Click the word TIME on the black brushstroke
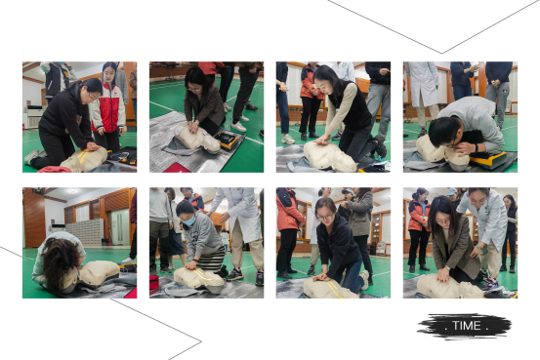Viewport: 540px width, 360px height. click(x=467, y=325)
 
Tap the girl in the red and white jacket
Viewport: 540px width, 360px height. click(x=109, y=106)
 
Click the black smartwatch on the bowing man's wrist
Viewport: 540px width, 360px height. click(x=477, y=148)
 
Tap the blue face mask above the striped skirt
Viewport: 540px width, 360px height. click(x=189, y=220)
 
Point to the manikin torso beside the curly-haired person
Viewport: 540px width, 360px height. click(x=100, y=272)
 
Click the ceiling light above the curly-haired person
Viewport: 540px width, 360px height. click(x=72, y=191)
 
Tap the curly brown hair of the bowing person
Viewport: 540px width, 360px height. click(x=62, y=260)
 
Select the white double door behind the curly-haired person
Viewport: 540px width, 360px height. click(x=120, y=226)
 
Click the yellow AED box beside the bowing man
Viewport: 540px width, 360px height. click(x=488, y=159)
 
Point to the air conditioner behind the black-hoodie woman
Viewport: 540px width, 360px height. click(x=33, y=116)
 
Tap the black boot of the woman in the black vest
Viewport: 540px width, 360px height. click(x=380, y=146)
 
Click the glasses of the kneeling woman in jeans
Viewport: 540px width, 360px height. click(x=325, y=217)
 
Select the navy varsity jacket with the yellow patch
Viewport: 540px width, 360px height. click(x=56, y=79)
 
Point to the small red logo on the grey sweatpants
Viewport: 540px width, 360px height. click(x=502, y=91)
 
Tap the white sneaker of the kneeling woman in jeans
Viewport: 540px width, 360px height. click(x=364, y=279)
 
